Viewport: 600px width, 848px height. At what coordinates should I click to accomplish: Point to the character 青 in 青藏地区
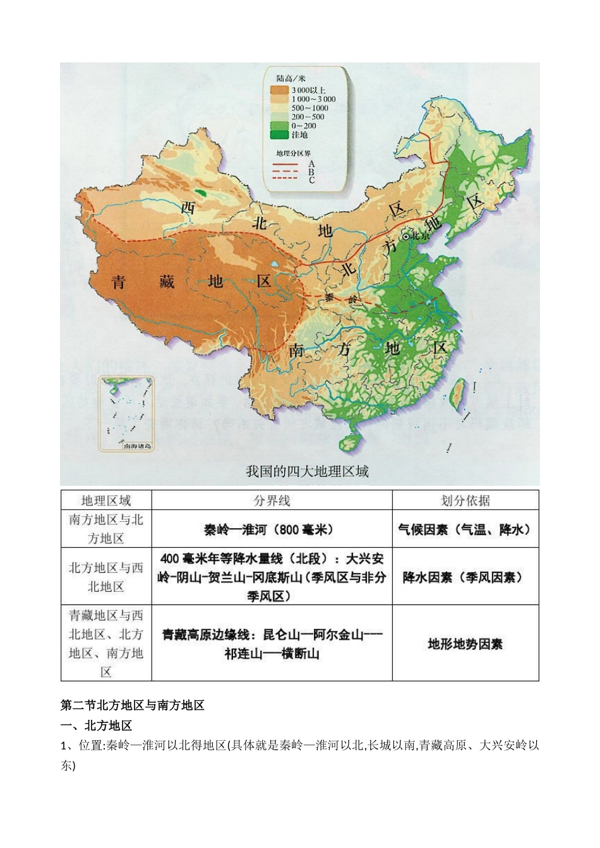pos(118,282)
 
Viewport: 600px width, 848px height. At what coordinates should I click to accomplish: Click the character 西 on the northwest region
pos(188,207)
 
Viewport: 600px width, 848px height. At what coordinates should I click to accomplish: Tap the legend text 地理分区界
pos(293,153)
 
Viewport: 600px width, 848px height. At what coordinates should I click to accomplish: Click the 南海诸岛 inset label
pos(137,446)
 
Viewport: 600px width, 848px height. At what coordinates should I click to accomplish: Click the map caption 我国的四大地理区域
pos(307,471)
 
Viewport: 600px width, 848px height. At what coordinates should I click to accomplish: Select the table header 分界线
pos(272,500)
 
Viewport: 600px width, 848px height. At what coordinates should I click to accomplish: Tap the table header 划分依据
pos(465,500)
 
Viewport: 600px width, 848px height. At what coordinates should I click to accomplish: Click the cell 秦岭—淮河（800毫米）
pos(272,529)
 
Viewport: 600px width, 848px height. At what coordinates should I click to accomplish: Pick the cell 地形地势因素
pos(465,644)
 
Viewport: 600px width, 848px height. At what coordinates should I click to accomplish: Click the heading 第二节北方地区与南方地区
pos(133,705)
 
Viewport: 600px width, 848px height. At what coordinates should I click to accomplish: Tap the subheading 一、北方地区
pos(96,726)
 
